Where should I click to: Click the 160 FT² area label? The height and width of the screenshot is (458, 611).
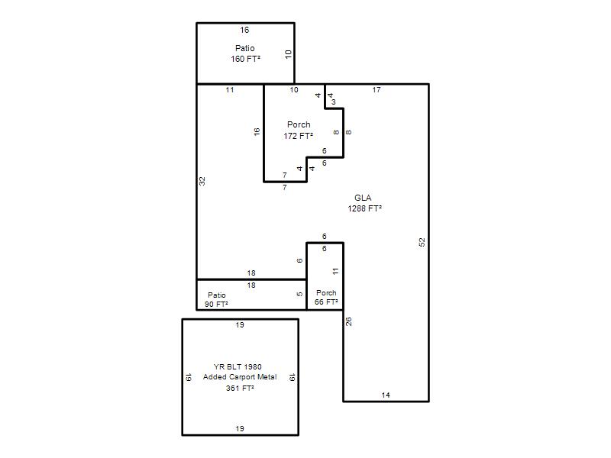coord(245,59)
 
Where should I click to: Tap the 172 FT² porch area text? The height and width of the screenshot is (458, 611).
coord(299,136)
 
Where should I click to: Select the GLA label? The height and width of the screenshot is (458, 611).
coord(363,198)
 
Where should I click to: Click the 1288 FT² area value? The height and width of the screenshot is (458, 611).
coord(365,208)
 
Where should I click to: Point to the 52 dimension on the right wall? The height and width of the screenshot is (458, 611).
coord(422,242)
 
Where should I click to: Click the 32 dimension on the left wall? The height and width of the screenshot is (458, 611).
coord(202,181)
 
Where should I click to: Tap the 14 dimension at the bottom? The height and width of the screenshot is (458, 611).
coord(386,395)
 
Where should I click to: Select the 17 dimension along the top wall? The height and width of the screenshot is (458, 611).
coord(377,90)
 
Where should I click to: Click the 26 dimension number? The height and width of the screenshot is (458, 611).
coord(349,321)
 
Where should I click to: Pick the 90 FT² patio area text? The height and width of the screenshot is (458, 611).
coord(216,304)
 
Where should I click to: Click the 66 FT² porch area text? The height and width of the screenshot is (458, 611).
coord(326,302)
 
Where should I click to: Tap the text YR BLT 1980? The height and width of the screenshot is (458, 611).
coord(238,367)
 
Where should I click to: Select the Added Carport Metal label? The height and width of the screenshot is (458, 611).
coord(240,377)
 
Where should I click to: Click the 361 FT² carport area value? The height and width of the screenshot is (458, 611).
coord(240,389)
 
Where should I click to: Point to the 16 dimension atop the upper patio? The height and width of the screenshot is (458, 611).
coord(244,30)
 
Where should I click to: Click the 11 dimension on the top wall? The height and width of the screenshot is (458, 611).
coord(230,90)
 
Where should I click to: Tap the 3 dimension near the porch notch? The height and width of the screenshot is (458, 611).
coord(334,102)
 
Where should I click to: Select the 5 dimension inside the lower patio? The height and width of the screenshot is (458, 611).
coord(299,294)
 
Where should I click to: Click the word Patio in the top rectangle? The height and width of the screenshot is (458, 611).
coord(244,48)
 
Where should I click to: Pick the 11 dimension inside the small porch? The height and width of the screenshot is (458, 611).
coord(336,272)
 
